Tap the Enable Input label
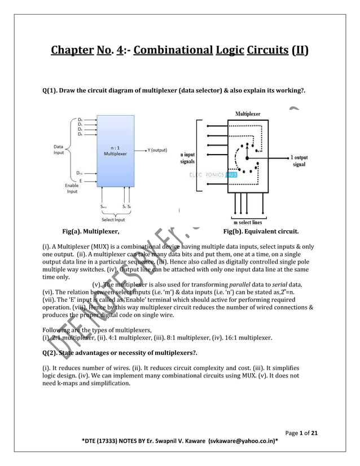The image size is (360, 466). click(x=71, y=188)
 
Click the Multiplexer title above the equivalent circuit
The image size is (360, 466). click(x=248, y=114)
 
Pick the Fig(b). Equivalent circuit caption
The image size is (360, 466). click(x=261, y=231)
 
